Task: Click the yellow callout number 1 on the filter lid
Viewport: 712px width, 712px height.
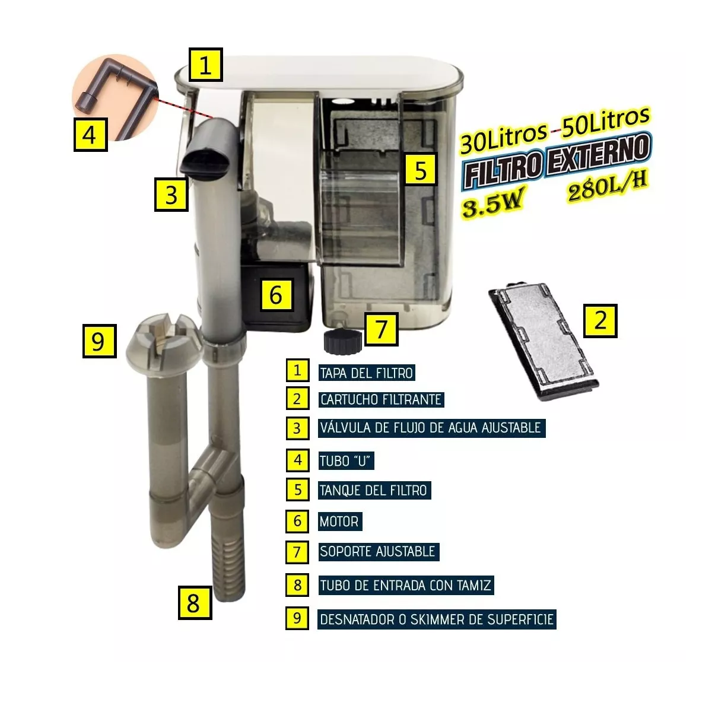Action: point(205,65)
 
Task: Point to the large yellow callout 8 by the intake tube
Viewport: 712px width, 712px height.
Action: point(195,603)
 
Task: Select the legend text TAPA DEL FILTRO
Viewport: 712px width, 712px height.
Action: point(366,373)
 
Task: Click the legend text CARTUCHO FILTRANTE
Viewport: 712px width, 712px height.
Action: point(381,399)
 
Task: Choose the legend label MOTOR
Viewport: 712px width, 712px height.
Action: point(339,522)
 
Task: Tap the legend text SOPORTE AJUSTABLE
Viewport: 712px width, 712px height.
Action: point(377,551)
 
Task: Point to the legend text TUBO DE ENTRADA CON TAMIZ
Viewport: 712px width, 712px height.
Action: point(405,586)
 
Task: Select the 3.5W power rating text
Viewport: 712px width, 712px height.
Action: point(493,204)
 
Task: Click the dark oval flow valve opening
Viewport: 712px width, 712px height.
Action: point(206,164)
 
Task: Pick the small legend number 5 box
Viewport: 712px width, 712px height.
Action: point(297,490)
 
